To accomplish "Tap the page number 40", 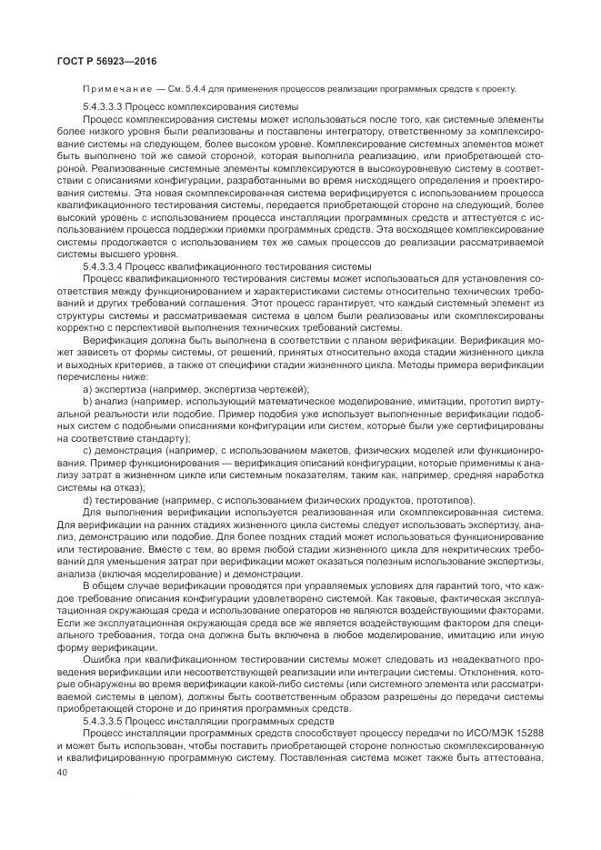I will (62, 771).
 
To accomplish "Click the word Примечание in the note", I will (109, 88).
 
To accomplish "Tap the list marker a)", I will (87, 388).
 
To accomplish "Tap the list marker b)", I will (87, 401).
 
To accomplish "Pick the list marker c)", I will (87, 450).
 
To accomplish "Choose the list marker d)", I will (87, 499).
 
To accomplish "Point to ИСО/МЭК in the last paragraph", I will (479, 732).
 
